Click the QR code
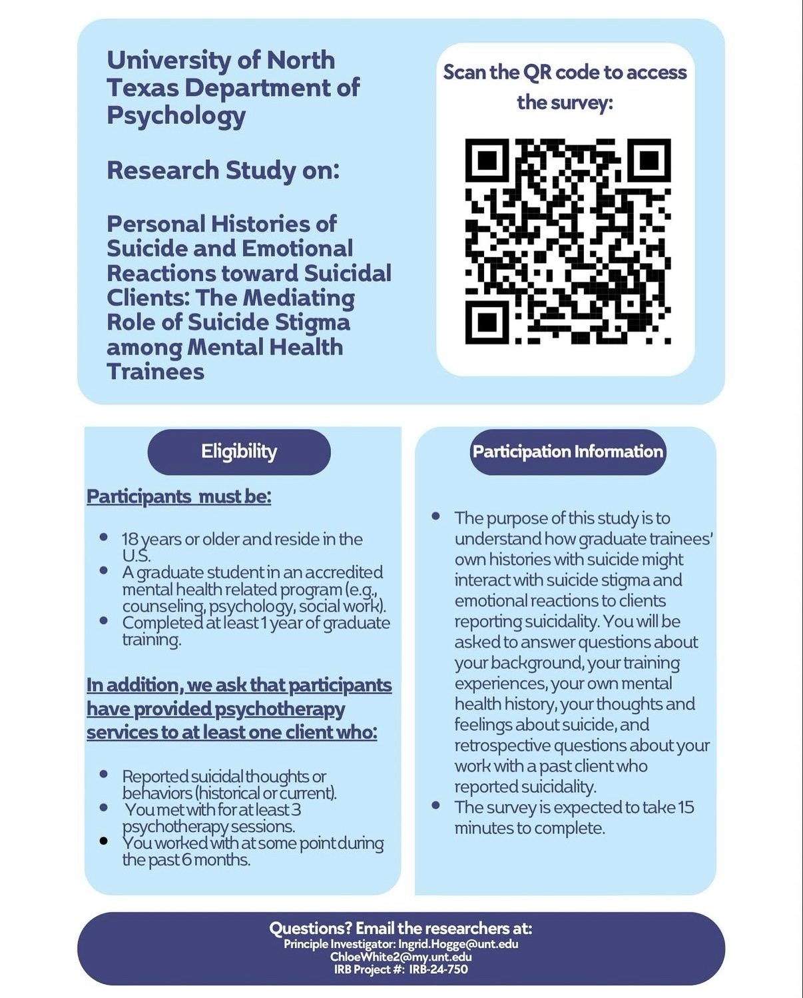coord(567,241)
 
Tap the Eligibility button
coord(239,452)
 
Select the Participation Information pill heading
coord(567,452)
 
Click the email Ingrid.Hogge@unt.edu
coord(458,944)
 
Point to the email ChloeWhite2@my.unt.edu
coord(401,957)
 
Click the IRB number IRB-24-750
coord(438,969)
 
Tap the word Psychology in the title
coord(176,115)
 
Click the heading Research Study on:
coord(223,171)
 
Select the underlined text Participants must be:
coord(179,497)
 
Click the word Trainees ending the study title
coord(155,372)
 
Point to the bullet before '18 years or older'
coord(103,537)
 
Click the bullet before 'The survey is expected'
coord(435,805)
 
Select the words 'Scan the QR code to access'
coord(565,72)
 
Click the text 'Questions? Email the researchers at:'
coord(401,928)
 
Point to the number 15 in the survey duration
coord(685,807)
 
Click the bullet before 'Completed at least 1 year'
coord(103,621)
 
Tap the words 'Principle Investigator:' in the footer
coord(340,944)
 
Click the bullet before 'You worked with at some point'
coord(103,841)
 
